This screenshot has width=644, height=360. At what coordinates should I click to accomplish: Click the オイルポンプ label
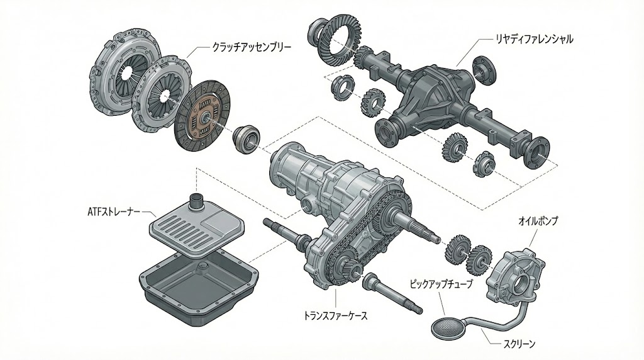click(538, 222)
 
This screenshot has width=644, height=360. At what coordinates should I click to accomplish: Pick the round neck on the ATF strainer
click(197, 203)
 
